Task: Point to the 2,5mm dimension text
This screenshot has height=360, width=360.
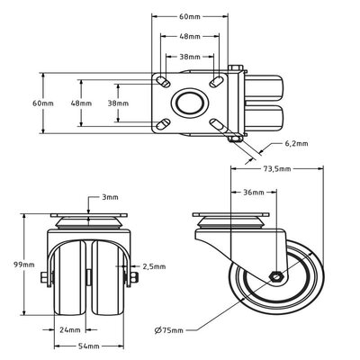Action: point(154,266)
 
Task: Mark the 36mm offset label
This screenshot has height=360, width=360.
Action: point(254,192)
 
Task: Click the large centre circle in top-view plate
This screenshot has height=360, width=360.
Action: point(189,103)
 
